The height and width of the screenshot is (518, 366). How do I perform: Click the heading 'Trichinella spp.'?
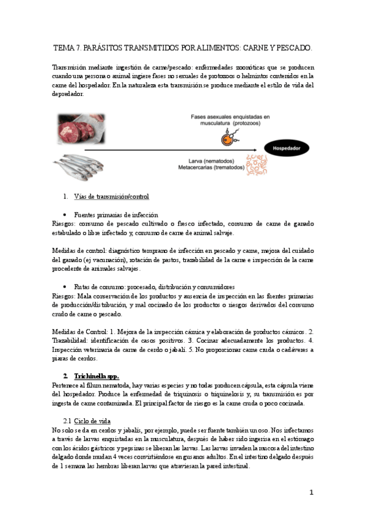click(97, 375)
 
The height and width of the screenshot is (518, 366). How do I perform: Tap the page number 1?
click(311, 492)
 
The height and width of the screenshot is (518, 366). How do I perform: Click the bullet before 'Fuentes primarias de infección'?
click(65, 215)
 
